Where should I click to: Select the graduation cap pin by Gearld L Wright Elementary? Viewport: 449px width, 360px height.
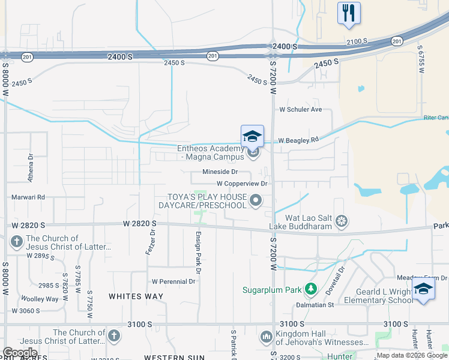423,289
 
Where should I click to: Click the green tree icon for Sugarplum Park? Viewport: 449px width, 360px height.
311,290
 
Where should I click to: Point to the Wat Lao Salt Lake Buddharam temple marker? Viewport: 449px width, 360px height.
342,221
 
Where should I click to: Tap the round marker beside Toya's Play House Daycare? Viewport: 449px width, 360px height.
256,200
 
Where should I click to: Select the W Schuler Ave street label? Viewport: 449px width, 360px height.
301,109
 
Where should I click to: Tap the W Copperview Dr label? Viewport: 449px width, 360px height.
241,183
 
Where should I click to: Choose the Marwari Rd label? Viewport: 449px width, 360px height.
28,197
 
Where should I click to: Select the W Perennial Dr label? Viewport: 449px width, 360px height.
174,281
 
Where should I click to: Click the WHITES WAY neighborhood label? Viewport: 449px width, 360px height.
136,296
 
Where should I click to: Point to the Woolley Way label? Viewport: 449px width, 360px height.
40,299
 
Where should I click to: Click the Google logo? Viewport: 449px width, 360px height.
20,352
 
